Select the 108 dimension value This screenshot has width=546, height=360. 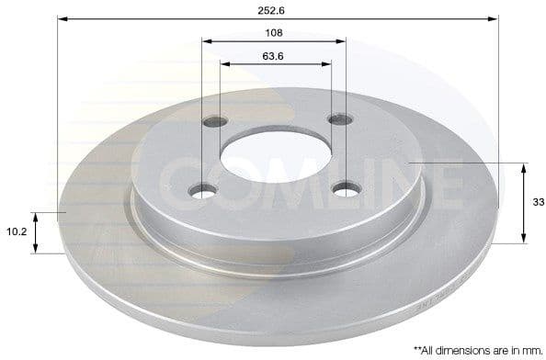click(273, 32)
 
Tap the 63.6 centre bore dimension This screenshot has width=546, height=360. click(273, 56)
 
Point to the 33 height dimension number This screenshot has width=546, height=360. click(538, 204)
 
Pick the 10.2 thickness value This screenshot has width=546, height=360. click(15, 233)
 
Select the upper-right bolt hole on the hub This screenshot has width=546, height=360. click(339, 118)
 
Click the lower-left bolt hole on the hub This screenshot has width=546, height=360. click(204, 190)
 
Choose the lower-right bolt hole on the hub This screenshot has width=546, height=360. click(346, 189)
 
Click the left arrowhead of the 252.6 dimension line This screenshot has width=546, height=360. click(62, 17)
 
